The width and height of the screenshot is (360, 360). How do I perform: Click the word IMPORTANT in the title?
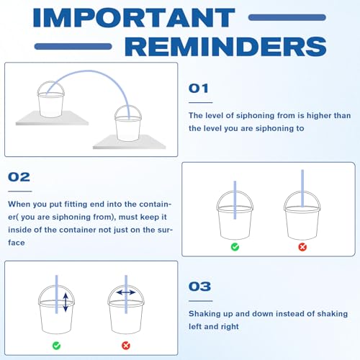point(134,17)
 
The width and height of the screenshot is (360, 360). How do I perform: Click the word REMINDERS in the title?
point(225,46)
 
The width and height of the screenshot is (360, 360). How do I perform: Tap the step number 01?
point(198,89)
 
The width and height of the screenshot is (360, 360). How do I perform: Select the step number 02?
point(19,177)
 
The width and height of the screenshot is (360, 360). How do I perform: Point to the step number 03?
point(199,287)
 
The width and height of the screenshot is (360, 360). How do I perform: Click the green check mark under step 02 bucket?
point(235,247)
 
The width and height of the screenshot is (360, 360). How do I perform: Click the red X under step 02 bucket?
point(302,247)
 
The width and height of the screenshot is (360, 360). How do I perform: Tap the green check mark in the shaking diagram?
point(56,346)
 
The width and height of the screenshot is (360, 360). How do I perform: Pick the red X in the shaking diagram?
point(126,346)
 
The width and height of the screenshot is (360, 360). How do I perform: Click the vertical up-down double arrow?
point(66,302)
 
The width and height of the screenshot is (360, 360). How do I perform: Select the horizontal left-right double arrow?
point(126,292)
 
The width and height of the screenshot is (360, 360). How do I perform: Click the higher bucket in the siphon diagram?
point(50,99)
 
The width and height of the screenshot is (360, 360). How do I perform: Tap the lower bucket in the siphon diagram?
point(128,123)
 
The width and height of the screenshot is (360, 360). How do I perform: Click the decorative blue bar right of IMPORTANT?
point(287,17)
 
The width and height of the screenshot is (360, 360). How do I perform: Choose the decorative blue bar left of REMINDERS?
point(73,46)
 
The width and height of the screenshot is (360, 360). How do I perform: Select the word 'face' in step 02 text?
point(17,243)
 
